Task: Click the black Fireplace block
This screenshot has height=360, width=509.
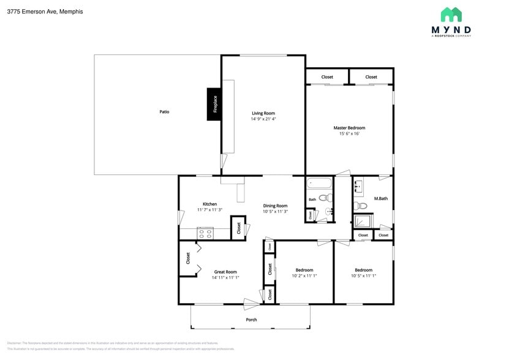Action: coord(214,103)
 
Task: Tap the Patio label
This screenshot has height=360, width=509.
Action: coord(164,112)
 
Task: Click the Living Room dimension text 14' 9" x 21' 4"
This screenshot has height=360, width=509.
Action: coord(263,119)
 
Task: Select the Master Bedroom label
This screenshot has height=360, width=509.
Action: coord(349,128)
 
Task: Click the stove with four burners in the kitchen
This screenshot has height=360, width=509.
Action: coord(205,233)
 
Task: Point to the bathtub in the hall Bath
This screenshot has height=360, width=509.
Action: coord(319,182)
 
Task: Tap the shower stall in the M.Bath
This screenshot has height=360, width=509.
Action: coord(361,222)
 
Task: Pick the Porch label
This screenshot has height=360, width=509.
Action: coord(251,320)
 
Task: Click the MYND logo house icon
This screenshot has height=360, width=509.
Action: coord(451,15)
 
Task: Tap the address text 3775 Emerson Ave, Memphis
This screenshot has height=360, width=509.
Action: coord(45,12)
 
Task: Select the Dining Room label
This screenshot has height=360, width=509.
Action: coord(275,206)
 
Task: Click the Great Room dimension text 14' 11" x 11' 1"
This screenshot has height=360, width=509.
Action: coord(225,277)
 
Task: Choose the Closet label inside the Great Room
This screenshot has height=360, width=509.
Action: coord(188,258)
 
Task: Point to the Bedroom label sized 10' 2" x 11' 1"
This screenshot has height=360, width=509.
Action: coord(304,270)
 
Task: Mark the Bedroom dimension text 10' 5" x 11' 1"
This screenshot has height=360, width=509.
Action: coord(363,276)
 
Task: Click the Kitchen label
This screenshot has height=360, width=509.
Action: coord(209,204)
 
